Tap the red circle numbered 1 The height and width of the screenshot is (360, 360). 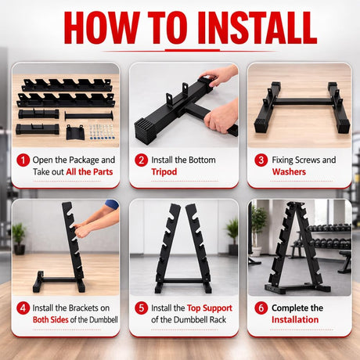tap(23, 160)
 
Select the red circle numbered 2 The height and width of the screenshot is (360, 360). tap(141, 160)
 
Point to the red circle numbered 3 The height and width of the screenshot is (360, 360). tap(261, 160)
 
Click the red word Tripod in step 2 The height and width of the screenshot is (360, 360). tap(165, 171)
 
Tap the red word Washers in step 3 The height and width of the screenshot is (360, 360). tap(289, 171)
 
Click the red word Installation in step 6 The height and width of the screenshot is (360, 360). tap(295, 319)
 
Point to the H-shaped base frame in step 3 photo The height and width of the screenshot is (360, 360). tap(299, 110)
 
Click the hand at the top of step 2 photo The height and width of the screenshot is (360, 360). tap(221, 75)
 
